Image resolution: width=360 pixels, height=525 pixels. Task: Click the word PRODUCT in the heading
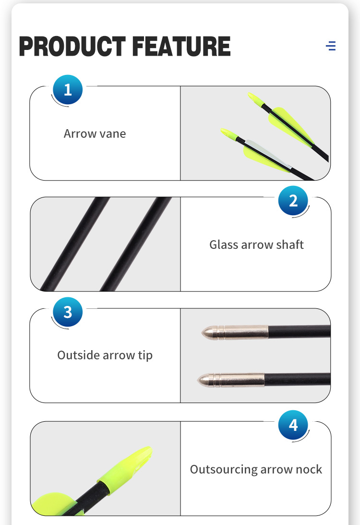click(x=72, y=46)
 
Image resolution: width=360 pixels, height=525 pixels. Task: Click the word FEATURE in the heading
click(x=181, y=46)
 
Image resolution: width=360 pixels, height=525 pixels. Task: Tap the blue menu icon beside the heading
click(x=331, y=46)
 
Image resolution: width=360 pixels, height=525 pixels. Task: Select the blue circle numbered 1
click(x=68, y=90)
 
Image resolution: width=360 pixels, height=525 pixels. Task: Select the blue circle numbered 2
click(x=293, y=201)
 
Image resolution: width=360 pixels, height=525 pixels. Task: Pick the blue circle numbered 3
click(x=68, y=312)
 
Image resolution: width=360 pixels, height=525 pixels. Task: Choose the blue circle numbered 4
click(x=293, y=425)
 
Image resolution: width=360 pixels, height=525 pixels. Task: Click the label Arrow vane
click(x=95, y=134)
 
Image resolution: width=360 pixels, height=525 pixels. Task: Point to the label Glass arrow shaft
click(x=256, y=244)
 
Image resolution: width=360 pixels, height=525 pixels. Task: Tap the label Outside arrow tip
click(x=105, y=355)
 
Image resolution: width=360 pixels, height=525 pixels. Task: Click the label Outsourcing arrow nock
click(x=256, y=469)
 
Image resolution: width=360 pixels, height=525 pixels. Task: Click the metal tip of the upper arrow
click(x=235, y=332)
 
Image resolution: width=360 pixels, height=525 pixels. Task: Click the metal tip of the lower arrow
click(x=231, y=380)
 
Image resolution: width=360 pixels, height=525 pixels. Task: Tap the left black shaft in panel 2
click(x=75, y=244)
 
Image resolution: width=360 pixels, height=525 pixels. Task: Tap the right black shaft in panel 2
click(x=136, y=244)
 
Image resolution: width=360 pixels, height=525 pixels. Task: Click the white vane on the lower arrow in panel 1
click(x=268, y=153)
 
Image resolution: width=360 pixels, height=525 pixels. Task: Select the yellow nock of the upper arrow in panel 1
click(x=256, y=99)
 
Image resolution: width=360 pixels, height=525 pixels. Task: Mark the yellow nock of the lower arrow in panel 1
click(x=229, y=134)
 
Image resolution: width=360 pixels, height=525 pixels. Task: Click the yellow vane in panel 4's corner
click(x=54, y=504)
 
